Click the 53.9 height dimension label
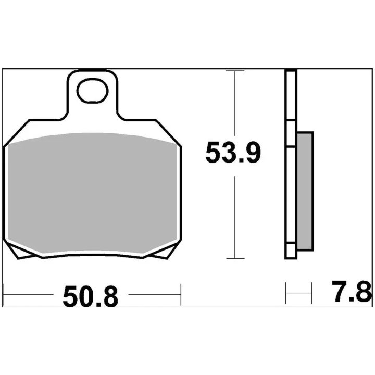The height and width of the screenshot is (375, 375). pos(233,153)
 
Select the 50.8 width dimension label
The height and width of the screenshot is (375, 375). pos(91,296)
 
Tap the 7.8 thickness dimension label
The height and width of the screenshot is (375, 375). pos(352,291)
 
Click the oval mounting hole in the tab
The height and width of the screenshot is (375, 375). pos(92,91)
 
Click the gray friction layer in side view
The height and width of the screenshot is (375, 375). pos(305,191)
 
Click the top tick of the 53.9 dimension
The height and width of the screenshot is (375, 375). pos(235,71)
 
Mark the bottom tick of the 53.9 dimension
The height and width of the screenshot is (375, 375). pos(235,258)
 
